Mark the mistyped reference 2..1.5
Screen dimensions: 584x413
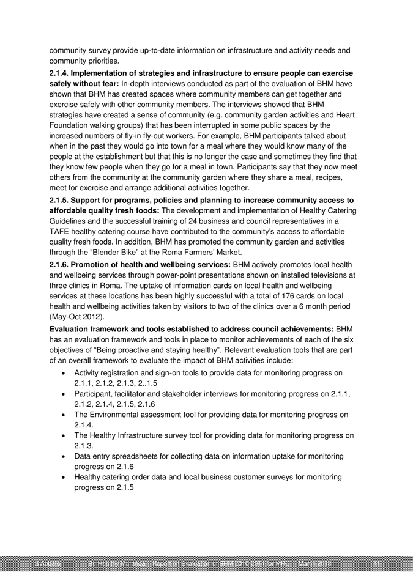(146, 383)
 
